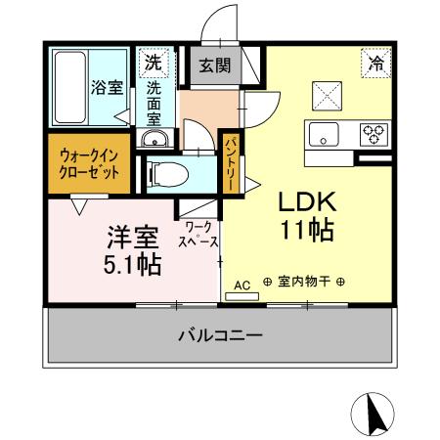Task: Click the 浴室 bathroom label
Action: click(x=108, y=87)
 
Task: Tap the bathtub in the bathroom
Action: click(x=69, y=86)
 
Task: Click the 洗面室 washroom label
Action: click(x=154, y=102)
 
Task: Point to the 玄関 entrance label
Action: click(x=215, y=66)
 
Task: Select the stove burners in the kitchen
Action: click(x=374, y=134)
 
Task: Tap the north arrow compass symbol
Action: click(x=374, y=414)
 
